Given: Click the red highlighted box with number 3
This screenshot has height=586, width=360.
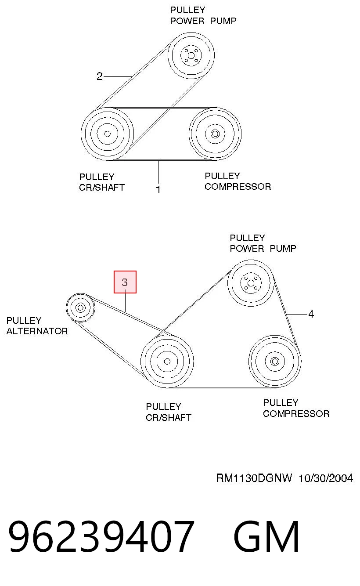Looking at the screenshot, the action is tap(125, 282).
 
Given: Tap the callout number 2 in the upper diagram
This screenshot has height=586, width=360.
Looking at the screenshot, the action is tap(99, 76).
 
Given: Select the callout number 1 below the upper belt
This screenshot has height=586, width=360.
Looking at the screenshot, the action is tap(158, 189).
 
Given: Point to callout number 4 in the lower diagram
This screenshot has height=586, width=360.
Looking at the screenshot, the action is tap(311, 314).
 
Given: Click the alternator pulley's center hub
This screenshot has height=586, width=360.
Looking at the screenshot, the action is tap(80, 307).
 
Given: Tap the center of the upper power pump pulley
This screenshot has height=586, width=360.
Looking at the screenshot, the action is tap(191, 55).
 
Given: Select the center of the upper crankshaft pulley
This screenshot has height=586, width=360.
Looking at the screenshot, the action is tap(107, 134).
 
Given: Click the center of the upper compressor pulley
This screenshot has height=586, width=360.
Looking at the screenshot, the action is tap(215, 134).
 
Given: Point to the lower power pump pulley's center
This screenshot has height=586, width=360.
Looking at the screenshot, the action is tap(251, 283).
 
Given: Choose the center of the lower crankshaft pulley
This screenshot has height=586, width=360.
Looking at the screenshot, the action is tap(167, 362).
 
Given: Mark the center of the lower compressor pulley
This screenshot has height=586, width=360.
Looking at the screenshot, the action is tap(275, 362).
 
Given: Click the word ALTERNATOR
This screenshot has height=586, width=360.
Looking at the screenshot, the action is tap(37, 331).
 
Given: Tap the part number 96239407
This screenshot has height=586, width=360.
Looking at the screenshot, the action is tap(101, 536).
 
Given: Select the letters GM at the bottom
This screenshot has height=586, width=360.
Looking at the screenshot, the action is tap(266, 536).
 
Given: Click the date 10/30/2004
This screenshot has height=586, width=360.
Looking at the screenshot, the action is tap(326, 478).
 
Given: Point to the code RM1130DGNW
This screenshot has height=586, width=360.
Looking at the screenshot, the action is tap(254, 478).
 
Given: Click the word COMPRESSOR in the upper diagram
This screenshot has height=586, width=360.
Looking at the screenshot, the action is tap(238, 187).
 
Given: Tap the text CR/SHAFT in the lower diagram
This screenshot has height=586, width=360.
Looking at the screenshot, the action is tap(169, 418).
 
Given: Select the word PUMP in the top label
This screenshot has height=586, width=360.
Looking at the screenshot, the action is tap(223, 21).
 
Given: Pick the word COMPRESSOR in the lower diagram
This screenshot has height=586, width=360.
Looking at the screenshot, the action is tap(296, 414).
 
